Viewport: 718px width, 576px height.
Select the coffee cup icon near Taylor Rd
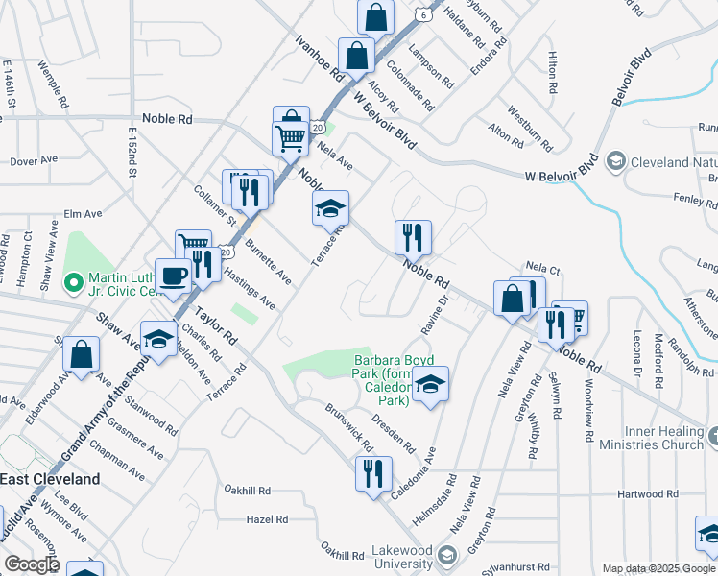point(173,276)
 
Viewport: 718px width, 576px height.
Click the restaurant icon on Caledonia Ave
point(372,472)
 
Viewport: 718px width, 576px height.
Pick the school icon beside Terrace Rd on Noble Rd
point(330,207)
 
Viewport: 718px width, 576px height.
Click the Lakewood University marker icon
point(446,555)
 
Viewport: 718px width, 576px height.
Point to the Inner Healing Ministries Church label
point(652,438)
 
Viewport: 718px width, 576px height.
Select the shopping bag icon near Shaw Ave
point(82,353)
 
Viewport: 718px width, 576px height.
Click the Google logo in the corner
point(31,564)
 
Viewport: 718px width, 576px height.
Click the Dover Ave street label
point(34,161)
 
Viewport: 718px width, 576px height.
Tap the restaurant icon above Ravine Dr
point(413,236)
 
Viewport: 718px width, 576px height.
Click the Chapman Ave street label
point(116,461)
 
